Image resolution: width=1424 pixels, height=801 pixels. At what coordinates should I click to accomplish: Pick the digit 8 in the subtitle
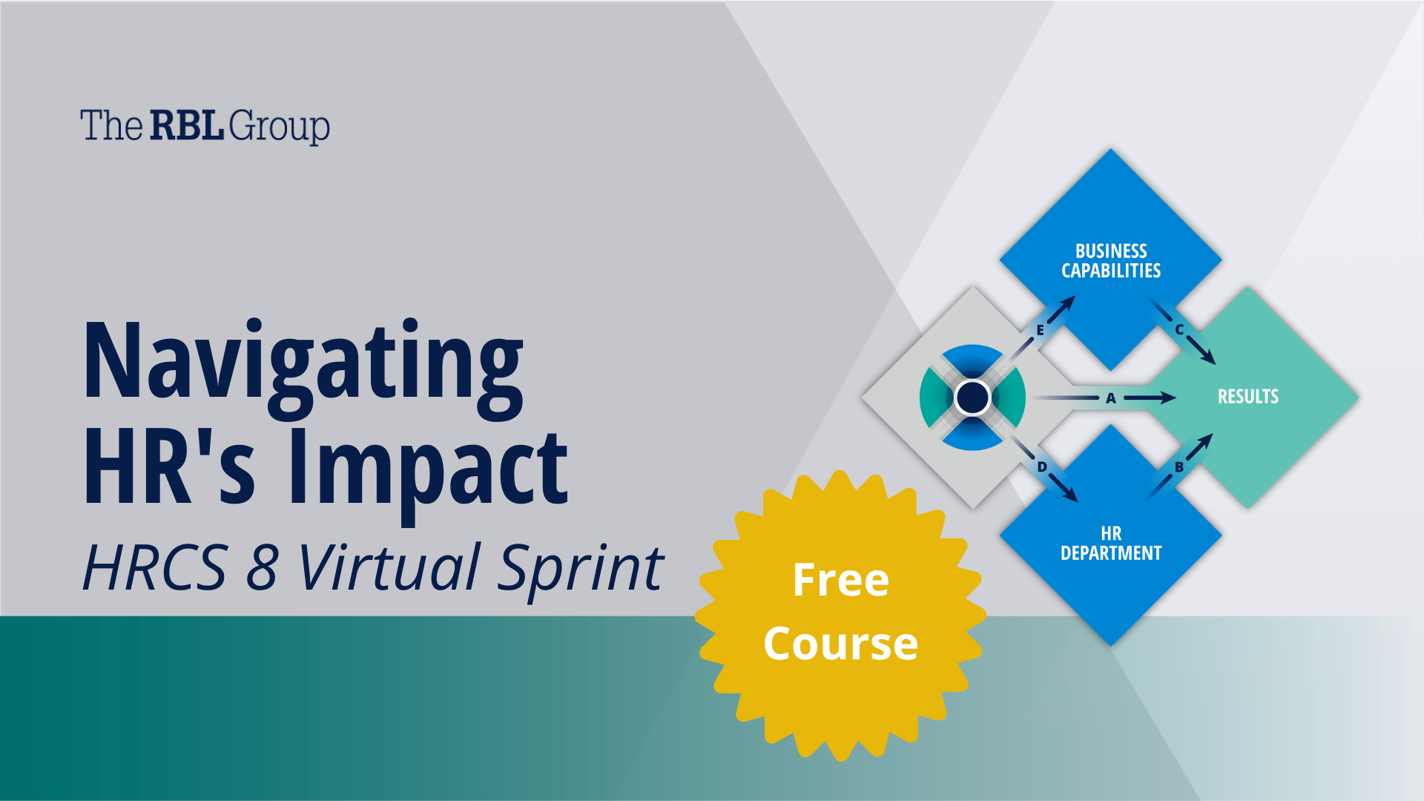pyautogui.click(x=262, y=567)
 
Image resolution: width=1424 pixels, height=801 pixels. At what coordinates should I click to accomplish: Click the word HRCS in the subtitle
pyautogui.click(x=155, y=567)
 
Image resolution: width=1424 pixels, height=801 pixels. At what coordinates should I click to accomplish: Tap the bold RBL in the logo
pyautogui.click(x=187, y=125)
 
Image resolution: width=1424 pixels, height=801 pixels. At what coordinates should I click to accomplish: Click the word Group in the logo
pyautogui.click(x=280, y=127)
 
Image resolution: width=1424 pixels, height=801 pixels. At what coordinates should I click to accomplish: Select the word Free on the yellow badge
pyautogui.click(x=841, y=579)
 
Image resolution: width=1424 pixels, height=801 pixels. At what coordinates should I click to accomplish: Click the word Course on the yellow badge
pyautogui.click(x=841, y=643)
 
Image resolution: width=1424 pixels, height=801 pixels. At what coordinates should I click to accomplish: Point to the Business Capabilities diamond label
pyautogui.click(x=1111, y=261)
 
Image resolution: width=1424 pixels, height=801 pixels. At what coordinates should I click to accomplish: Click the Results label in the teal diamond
pyautogui.click(x=1248, y=397)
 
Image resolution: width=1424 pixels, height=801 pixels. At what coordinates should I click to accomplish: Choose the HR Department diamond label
pyautogui.click(x=1111, y=544)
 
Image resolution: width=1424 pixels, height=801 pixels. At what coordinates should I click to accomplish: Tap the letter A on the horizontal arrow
pyautogui.click(x=1111, y=398)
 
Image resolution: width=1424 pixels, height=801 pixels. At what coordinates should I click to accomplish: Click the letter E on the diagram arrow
pyautogui.click(x=1040, y=331)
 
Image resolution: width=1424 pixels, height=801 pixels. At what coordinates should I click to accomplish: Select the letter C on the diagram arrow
pyautogui.click(x=1179, y=329)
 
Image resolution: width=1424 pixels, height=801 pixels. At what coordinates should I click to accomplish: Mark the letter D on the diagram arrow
pyautogui.click(x=1042, y=467)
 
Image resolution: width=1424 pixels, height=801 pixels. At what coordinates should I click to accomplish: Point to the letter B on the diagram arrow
pyautogui.click(x=1179, y=467)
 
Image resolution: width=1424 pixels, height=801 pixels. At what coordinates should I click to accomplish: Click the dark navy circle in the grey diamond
pyautogui.click(x=972, y=398)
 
